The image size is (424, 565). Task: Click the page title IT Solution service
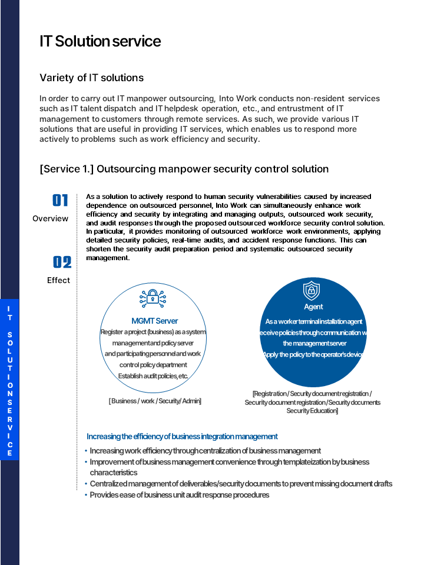pyautogui.click(x=100, y=42)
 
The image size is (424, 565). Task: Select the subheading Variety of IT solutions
pyautogui.click(x=91, y=78)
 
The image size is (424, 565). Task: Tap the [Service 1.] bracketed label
pyautogui.click(x=67, y=169)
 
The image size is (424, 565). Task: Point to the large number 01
pyautogui.click(x=61, y=201)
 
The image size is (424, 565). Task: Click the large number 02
pyautogui.click(x=61, y=262)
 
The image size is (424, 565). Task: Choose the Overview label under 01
pyautogui.click(x=50, y=218)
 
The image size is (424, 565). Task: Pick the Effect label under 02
pyautogui.click(x=58, y=280)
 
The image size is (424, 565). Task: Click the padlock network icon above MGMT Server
pyautogui.click(x=153, y=298)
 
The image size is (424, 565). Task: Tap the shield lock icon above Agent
pyautogui.click(x=312, y=291)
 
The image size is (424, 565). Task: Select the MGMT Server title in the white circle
pyautogui.click(x=154, y=321)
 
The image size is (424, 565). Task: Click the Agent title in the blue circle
pyautogui.click(x=313, y=307)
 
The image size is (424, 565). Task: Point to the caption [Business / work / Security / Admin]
pyautogui.click(x=155, y=401)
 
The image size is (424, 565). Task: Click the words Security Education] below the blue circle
pyautogui.click(x=312, y=411)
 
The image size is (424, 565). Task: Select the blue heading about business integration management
pyautogui.click(x=182, y=437)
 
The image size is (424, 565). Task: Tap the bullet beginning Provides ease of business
pyautogui.click(x=179, y=495)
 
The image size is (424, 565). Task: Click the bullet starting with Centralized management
pyautogui.click(x=240, y=484)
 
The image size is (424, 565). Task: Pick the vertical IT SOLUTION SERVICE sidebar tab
pyautogui.click(x=9, y=380)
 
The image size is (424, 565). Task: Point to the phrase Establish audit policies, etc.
pyautogui.click(x=153, y=376)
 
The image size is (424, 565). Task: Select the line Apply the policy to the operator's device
pyautogui.click(x=313, y=354)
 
